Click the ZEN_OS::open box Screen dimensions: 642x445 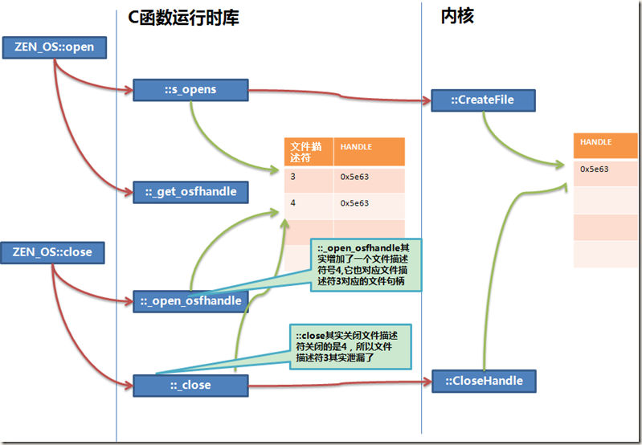(x=55, y=47)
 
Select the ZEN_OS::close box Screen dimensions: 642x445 (x=52, y=252)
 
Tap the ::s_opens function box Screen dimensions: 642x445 (x=190, y=90)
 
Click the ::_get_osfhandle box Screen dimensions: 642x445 (x=190, y=192)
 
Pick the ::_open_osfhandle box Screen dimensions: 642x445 (x=190, y=301)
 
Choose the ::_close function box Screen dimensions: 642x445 (x=190, y=386)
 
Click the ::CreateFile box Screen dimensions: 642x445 (x=483, y=100)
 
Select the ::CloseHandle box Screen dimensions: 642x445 (x=484, y=381)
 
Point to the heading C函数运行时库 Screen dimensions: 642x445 (x=183, y=18)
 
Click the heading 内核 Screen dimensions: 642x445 (x=457, y=16)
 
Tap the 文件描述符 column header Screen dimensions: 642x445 (x=309, y=152)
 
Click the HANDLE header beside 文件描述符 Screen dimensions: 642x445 (x=370, y=152)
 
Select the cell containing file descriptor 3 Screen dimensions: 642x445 (x=309, y=180)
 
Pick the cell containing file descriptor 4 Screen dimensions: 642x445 (x=309, y=206)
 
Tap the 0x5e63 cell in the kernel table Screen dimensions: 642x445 (x=606, y=173)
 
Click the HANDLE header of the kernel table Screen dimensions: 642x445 (x=606, y=145)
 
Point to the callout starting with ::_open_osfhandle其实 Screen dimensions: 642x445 (x=366, y=265)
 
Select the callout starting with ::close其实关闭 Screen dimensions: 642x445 (x=350, y=347)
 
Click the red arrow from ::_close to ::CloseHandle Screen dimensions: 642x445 (x=340, y=384)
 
